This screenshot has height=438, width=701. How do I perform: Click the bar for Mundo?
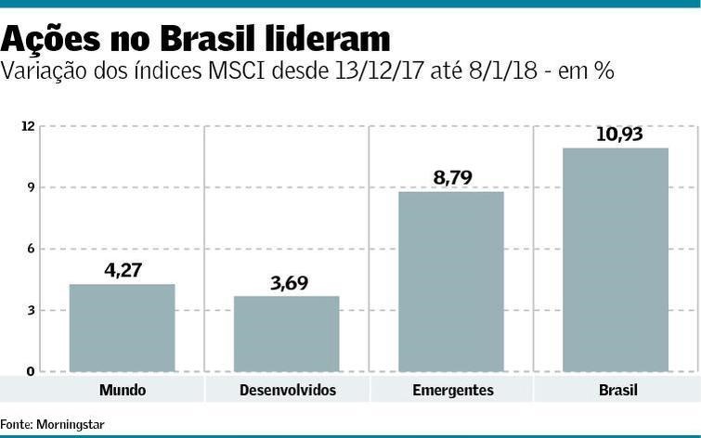click(122, 328)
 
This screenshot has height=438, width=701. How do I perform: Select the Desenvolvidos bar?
click(286, 334)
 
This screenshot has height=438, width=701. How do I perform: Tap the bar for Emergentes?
click(451, 281)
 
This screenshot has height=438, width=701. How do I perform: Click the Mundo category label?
click(122, 390)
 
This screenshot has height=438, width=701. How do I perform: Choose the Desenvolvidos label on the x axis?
click(287, 390)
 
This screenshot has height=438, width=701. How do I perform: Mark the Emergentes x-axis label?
click(452, 390)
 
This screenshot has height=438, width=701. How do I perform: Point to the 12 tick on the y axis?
click(28, 126)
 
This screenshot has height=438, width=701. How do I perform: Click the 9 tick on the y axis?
click(30, 187)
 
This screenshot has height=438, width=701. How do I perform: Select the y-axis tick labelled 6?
click(30, 249)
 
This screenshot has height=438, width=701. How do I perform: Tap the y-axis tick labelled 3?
click(30, 310)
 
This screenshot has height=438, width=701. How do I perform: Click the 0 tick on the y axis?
click(30, 371)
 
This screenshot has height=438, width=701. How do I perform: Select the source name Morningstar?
click(71, 424)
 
